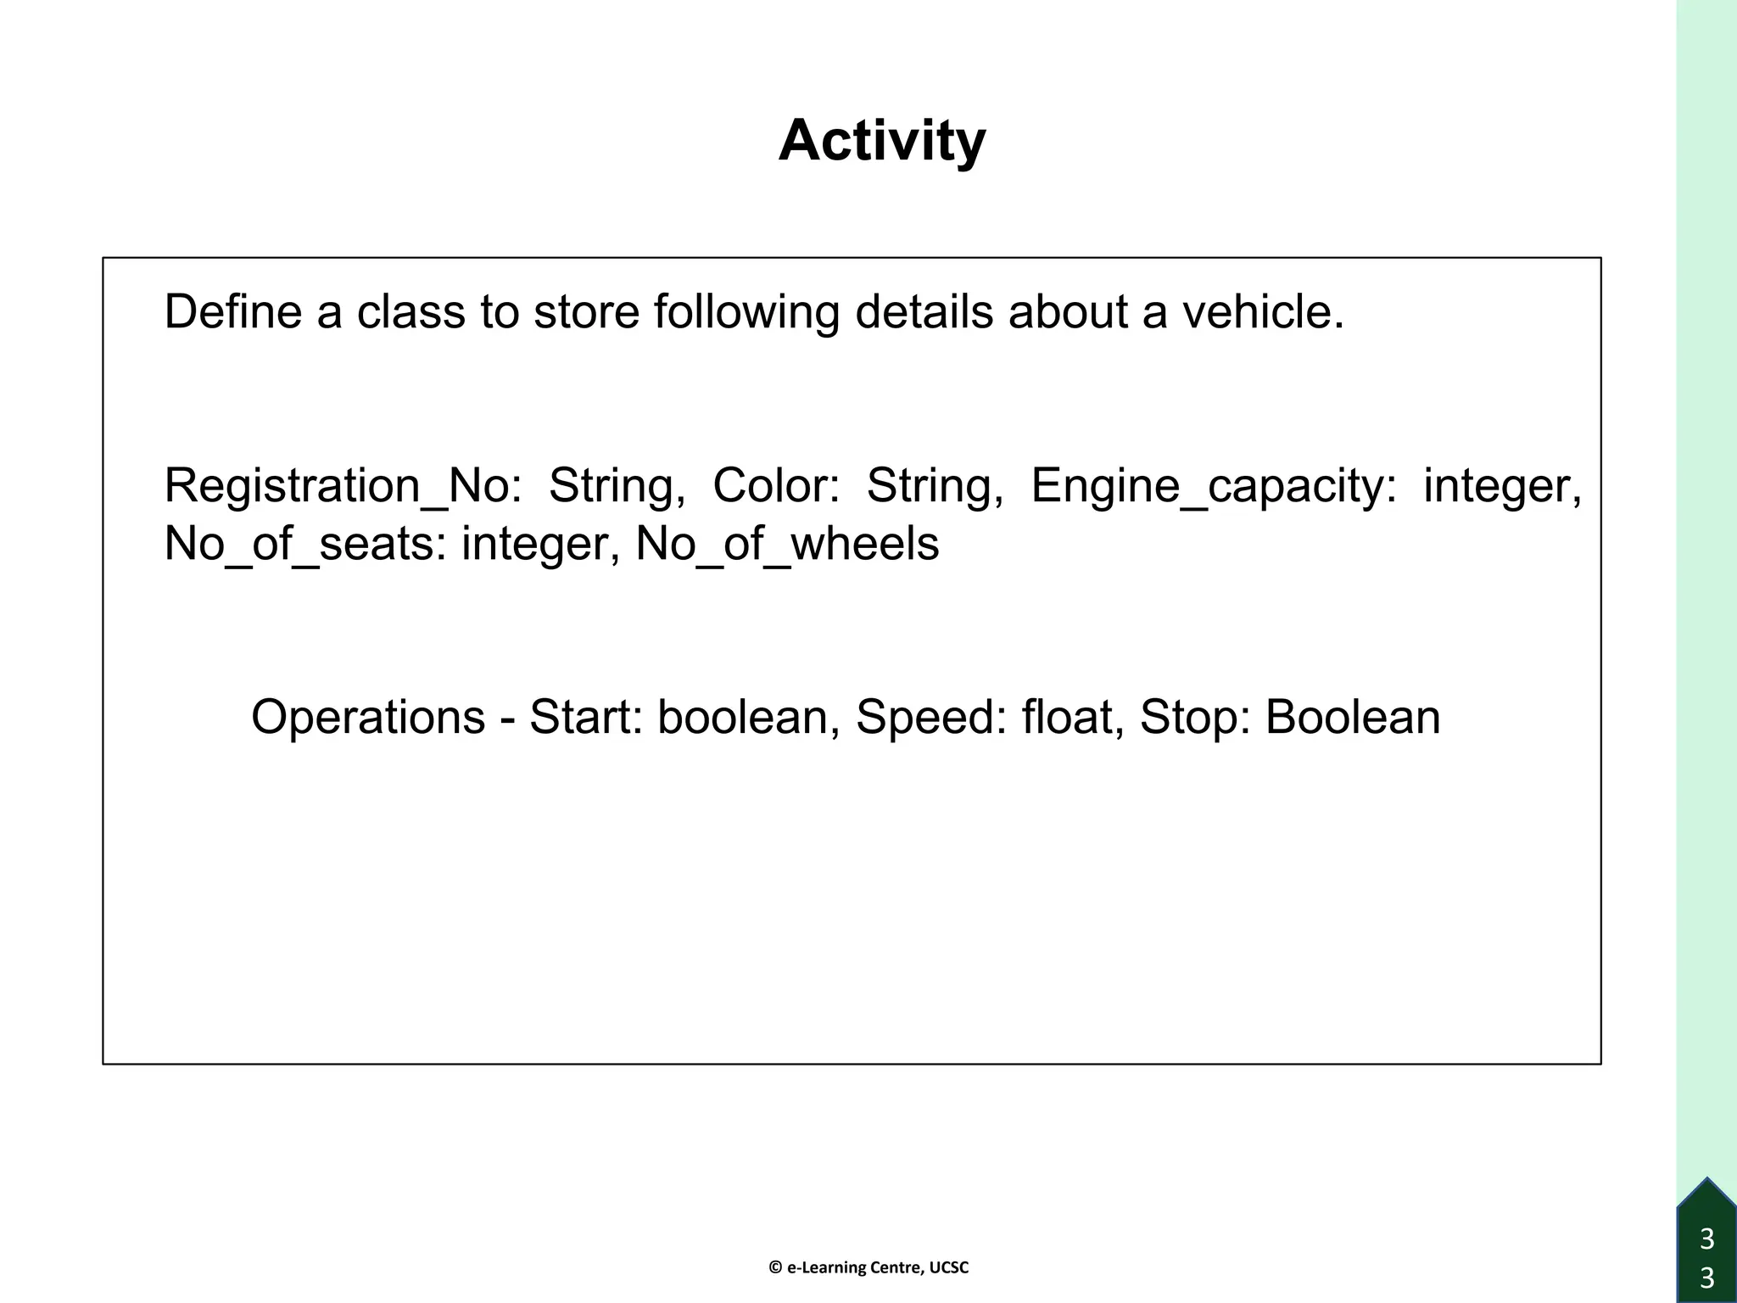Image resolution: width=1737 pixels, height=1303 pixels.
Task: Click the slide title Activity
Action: coord(882,141)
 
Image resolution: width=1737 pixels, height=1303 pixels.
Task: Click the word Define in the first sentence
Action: coord(232,311)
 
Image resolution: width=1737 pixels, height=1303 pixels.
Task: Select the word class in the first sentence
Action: coord(411,311)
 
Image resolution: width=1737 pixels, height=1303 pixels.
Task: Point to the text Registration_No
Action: coord(343,487)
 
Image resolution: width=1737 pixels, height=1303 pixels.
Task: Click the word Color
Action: coord(775,485)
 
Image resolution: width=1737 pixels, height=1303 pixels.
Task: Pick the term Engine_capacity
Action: coord(1213,487)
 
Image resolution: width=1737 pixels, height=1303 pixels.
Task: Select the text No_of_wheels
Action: coord(787,544)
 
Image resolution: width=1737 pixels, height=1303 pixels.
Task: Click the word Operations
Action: coord(368,718)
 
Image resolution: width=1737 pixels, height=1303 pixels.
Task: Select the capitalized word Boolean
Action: coord(1353,717)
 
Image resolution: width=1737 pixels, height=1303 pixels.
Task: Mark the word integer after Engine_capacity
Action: coord(1502,487)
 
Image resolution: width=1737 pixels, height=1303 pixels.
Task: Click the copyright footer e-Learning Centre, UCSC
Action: coord(868,1267)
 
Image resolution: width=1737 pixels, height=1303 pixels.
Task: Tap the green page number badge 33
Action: coord(1707,1255)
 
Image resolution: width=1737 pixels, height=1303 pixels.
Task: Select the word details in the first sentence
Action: coord(924,311)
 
